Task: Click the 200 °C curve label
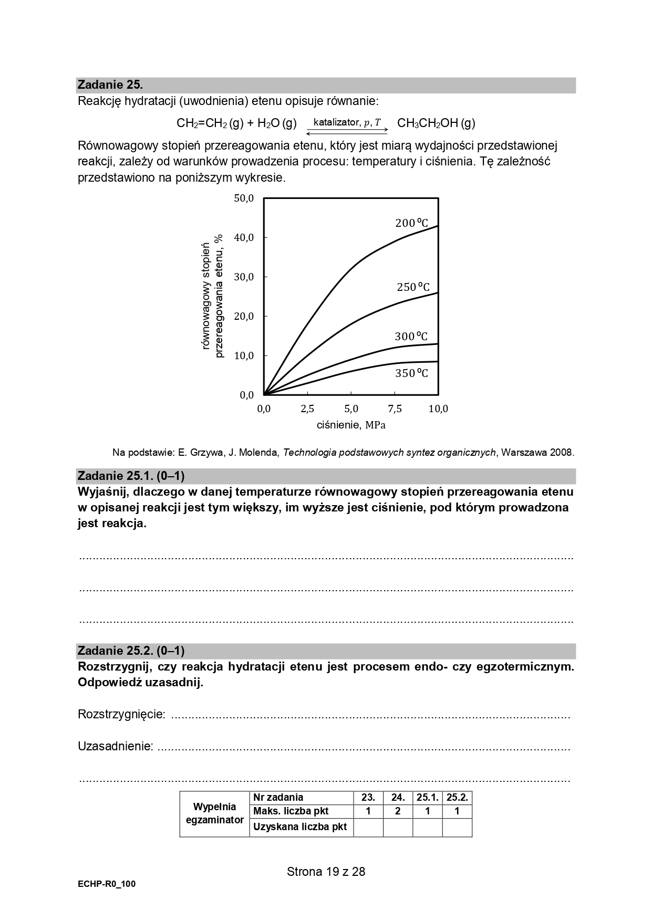(411, 223)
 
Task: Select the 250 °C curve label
(413, 287)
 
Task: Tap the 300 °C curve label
(411, 337)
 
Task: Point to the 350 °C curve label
(411, 373)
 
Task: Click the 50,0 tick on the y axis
(244, 198)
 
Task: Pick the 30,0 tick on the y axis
(244, 277)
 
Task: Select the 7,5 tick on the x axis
(395, 409)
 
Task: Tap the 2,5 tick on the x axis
(307, 409)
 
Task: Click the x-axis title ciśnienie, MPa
(351, 425)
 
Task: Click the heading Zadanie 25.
(110, 85)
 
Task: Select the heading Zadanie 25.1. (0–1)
(131, 476)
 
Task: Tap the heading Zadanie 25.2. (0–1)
(131, 651)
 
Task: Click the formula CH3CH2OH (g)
(436, 123)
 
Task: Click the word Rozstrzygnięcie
(121, 715)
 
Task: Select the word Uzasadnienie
(116, 746)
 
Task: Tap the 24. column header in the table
(398, 798)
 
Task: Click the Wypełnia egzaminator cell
(214, 813)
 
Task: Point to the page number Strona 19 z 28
(326, 872)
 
